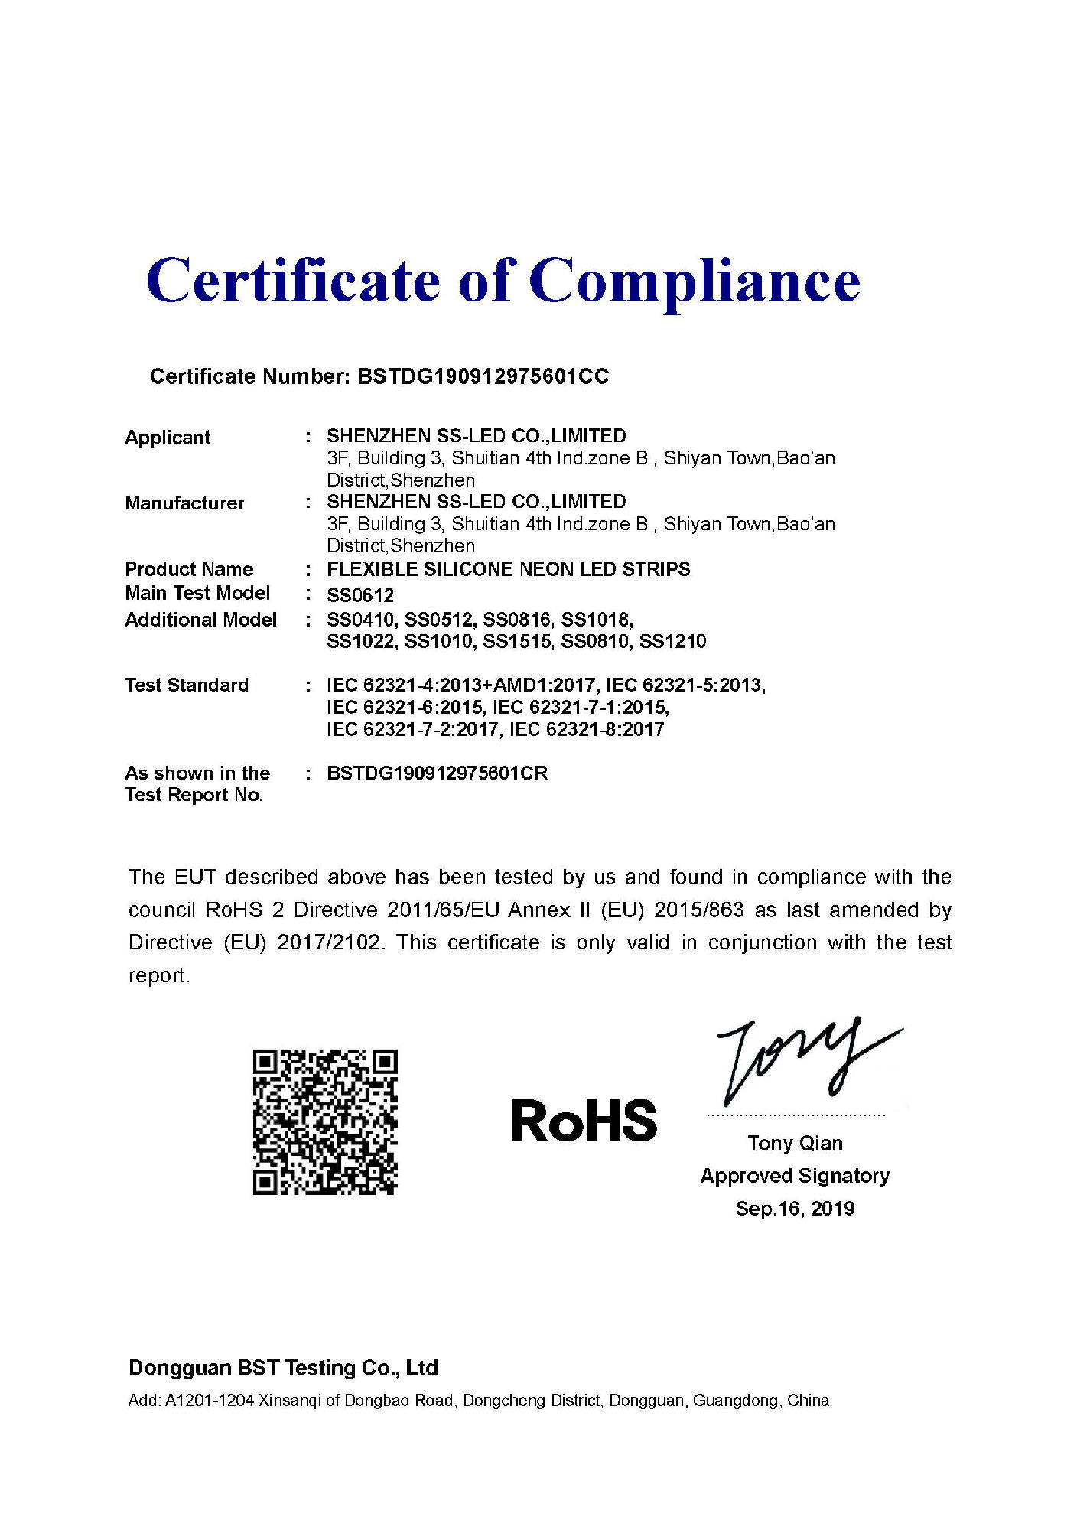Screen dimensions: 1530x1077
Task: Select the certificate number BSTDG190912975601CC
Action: [x=483, y=376]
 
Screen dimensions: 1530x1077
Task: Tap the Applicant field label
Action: [x=168, y=438]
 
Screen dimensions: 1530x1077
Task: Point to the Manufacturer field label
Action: [x=184, y=503]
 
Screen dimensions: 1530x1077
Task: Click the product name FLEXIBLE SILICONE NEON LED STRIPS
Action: [x=508, y=569]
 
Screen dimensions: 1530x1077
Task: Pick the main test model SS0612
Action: [x=360, y=595]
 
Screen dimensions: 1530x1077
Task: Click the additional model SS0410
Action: [x=360, y=620]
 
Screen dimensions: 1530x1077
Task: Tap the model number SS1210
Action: [x=672, y=642]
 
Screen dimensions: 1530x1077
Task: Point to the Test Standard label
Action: [x=187, y=685]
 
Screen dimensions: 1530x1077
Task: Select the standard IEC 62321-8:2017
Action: [x=587, y=730]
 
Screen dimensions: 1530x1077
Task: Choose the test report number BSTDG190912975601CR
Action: [x=437, y=773]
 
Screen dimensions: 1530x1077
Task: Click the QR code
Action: [x=325, y=1122]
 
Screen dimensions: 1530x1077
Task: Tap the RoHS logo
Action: [x=584, y=1121]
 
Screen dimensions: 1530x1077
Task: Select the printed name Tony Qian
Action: [x=795, y=1143]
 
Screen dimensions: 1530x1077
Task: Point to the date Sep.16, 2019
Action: [x=795, y=1209]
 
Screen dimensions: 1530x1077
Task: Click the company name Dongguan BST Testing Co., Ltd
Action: [x=283, y=1368]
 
